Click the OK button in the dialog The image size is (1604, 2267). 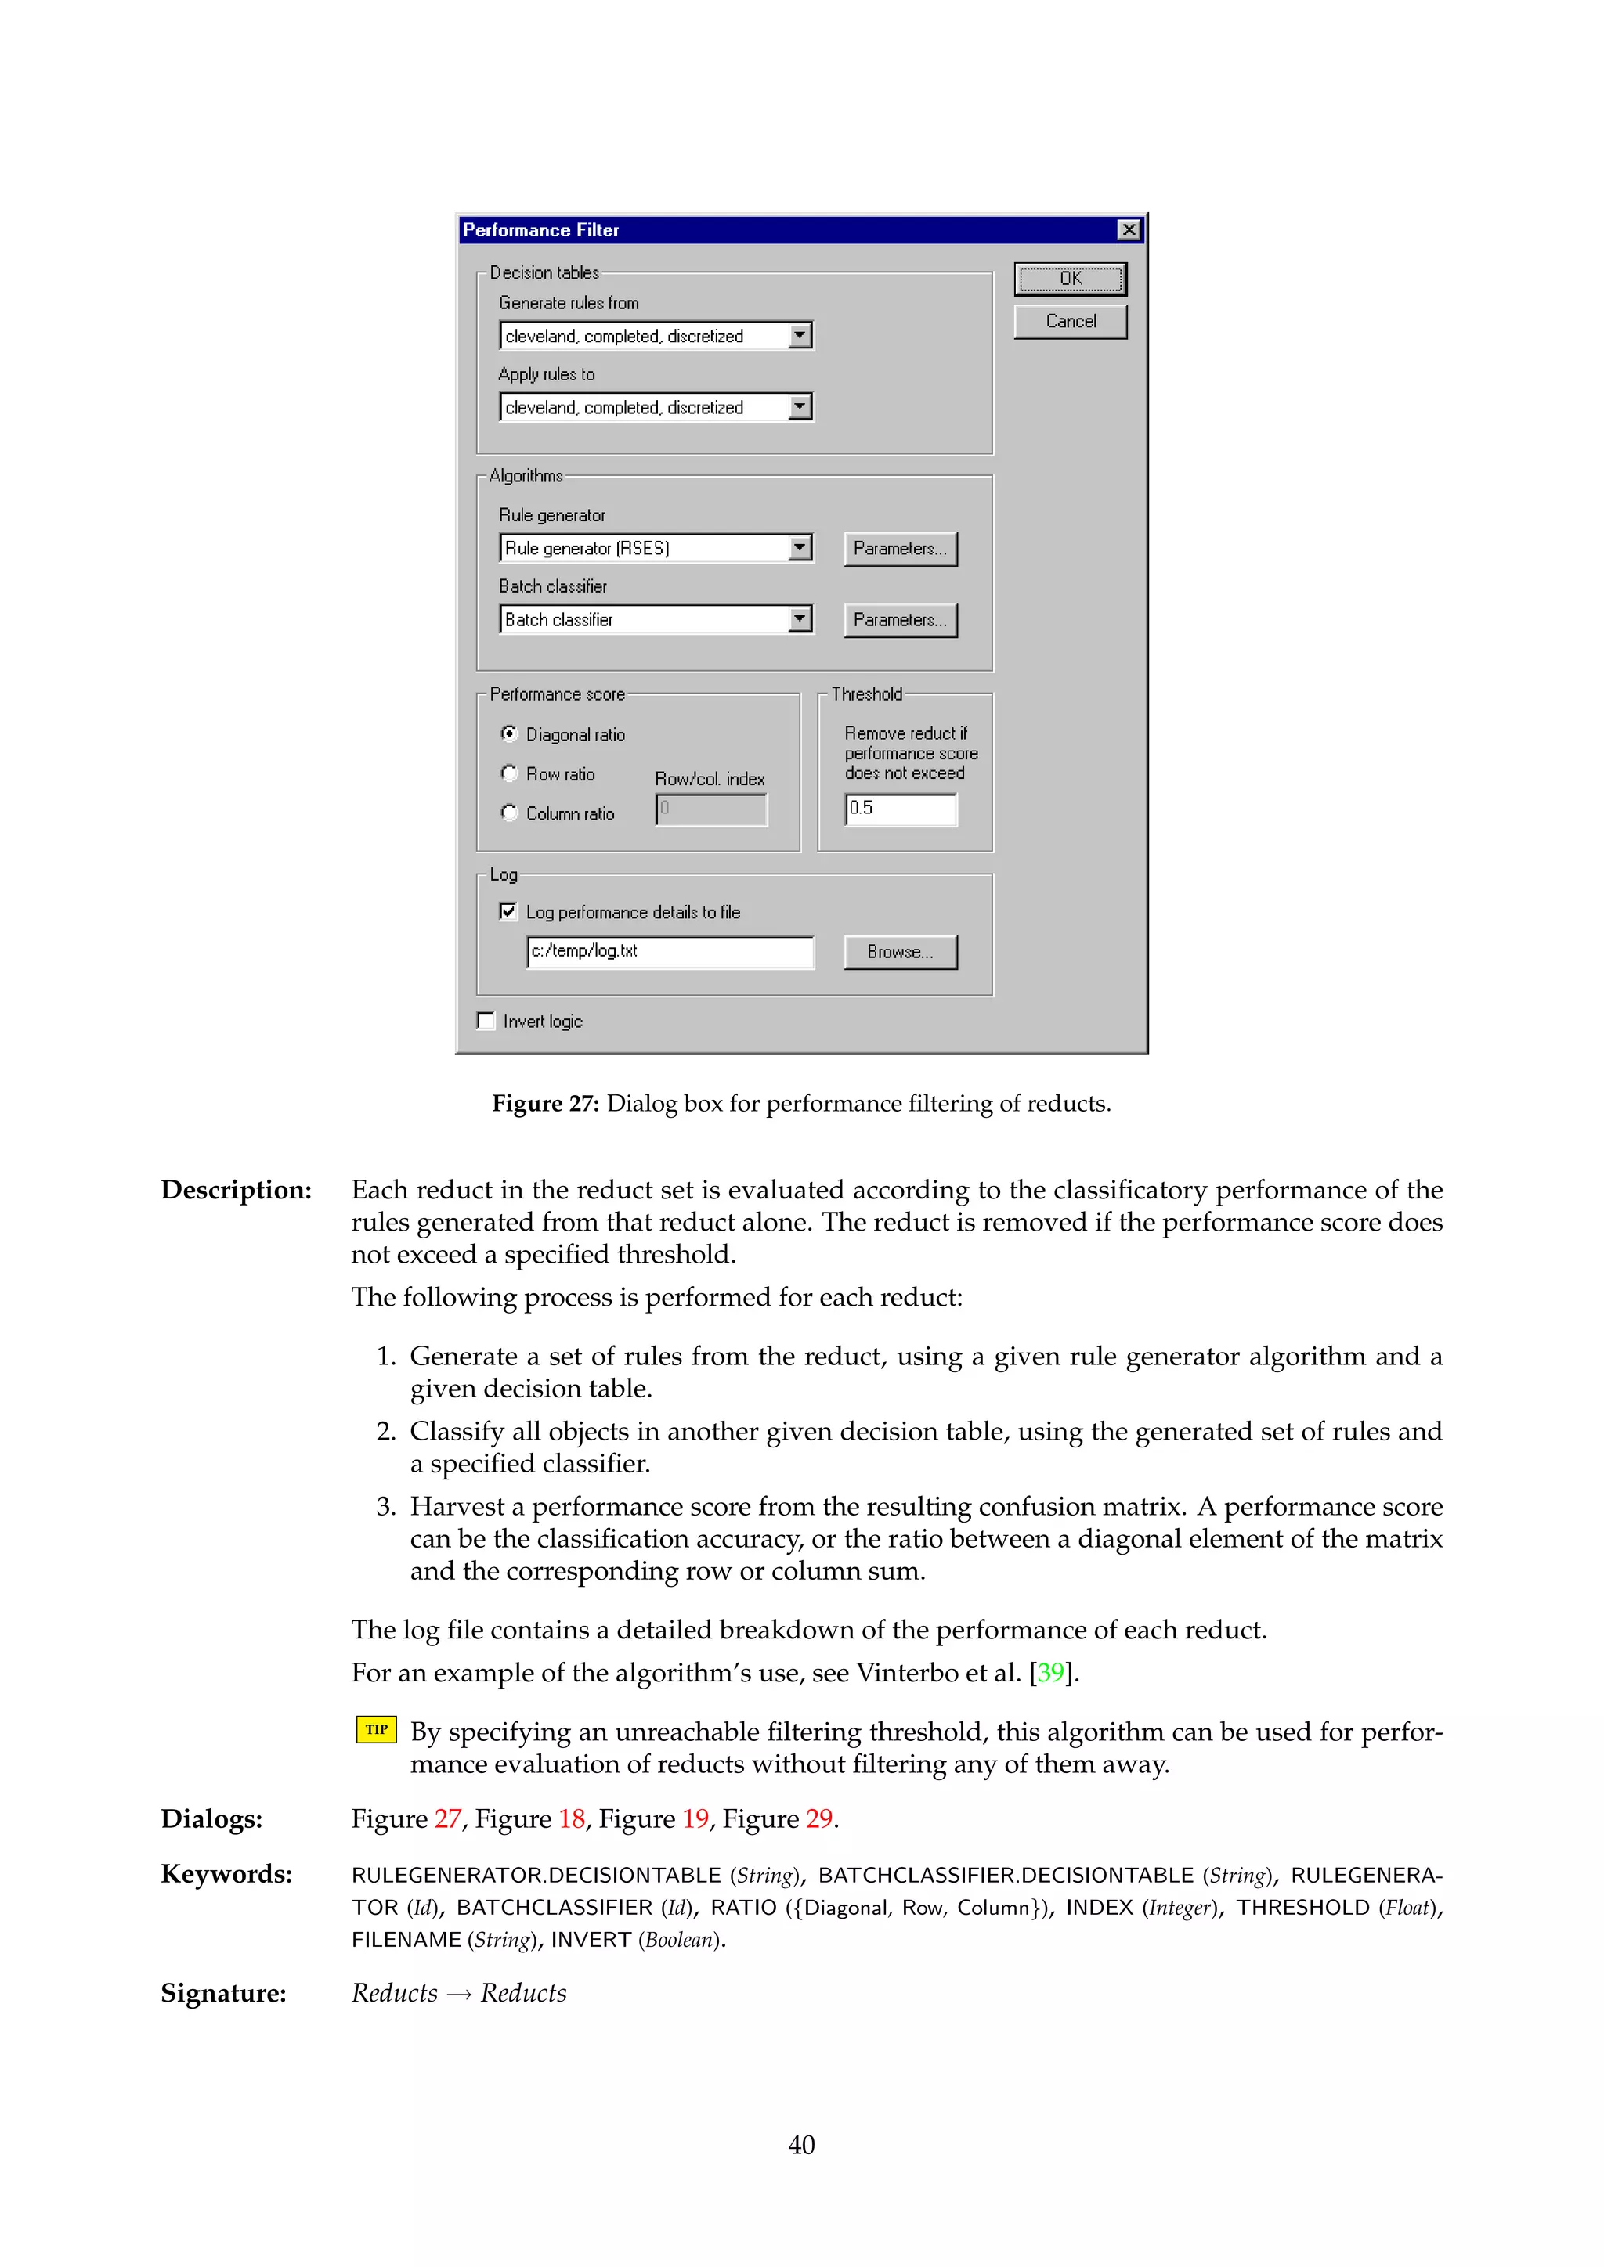click(x=1070, y=279)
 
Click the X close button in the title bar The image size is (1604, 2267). click(x=1128, y=230)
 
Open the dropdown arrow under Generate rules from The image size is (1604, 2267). click(x=800, y=336)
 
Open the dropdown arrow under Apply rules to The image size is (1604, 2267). click(x=800, y=407)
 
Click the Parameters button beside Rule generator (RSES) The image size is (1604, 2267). click(x=900, y=549)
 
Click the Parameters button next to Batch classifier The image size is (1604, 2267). click(x=900, y=620)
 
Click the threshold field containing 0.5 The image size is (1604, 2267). click(x=901, y=809)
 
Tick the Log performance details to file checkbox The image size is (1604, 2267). click(x=508, y=911)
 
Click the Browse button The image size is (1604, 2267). click(x=900, y=952)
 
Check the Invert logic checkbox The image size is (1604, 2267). click(x=486, y=1021)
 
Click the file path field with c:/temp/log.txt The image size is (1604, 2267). click(x=670, y=952)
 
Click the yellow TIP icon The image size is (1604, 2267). click(x=376, y=1730)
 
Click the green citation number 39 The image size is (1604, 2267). click(x=1050, y=1673)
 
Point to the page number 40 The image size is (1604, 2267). click(x=801, y=2145)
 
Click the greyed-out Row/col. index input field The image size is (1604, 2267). click(x=711, y=809)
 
